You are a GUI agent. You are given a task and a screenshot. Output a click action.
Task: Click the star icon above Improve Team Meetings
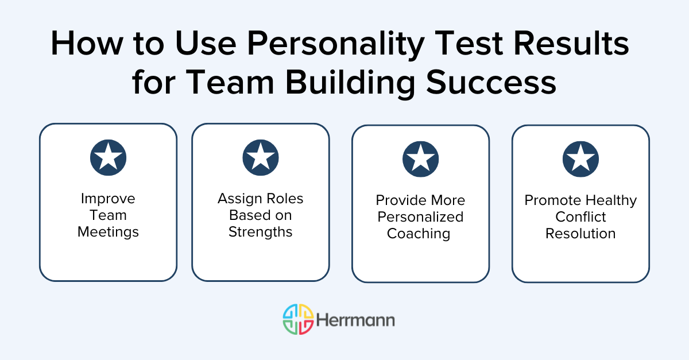coord(108,157)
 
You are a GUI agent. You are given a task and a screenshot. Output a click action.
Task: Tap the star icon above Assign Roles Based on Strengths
coord(261,157)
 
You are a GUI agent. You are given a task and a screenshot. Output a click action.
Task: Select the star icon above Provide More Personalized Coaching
coord(420,159)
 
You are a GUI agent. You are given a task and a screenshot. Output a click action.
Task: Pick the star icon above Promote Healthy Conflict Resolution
coord(580,159)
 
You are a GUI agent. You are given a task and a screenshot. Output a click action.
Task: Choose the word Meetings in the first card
coord(108,232)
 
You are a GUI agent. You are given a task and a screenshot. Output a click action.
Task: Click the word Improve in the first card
coord(108,199)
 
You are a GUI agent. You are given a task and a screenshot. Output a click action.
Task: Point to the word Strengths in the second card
coord(261,232)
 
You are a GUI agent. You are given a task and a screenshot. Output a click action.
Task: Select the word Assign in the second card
coord(238,199)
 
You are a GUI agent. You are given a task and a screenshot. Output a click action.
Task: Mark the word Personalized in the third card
coord(420,217)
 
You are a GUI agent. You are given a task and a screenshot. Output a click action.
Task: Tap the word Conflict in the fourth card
coord(580,217)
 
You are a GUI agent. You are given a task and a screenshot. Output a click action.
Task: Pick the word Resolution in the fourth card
coord(580,234)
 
